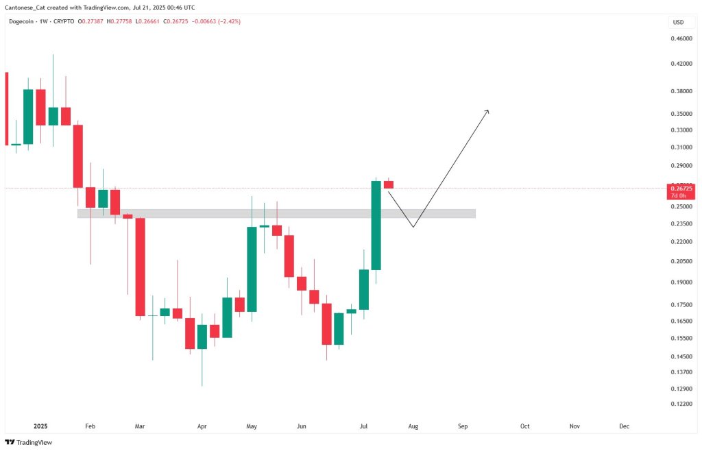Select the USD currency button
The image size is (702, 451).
click(x=678, y=22)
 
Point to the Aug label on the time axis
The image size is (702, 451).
click(x=413, y=426)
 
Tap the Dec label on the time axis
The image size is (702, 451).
click(x=625, y=426)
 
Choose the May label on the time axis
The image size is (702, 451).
click(x=252, y=426)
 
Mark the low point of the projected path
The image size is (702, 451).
click(x=413, y=227)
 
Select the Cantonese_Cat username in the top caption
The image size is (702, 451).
click(x=28, y=8)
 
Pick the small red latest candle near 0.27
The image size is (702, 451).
click(x=388, y=184)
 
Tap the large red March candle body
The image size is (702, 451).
click(x=140, y=267)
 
